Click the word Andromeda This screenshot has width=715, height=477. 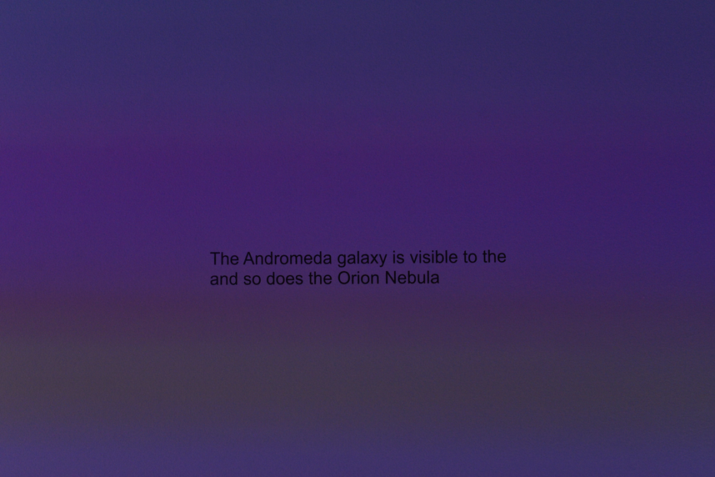pos(287,259)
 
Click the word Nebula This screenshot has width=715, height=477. pos(412,278)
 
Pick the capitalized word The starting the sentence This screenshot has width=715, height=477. pos(224,259)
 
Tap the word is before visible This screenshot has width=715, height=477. pos(398,258)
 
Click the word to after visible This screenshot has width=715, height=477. pos(470,257)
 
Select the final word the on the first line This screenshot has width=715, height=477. pos(494,257)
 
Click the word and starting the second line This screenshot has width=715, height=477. pos(223,279)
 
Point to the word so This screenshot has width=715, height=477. pos(252,279)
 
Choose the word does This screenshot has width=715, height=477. pos(285,279)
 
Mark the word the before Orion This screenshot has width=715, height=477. pos(321,278)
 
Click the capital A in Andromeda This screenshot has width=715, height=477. pos(249,259)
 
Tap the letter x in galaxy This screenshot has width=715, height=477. pos(372,259)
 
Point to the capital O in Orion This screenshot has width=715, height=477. pos(343,278)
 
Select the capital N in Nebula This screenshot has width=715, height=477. pos(390,278)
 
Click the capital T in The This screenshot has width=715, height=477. pos(215,259)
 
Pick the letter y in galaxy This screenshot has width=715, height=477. pos(382,261)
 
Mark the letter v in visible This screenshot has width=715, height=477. pos(414,259)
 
